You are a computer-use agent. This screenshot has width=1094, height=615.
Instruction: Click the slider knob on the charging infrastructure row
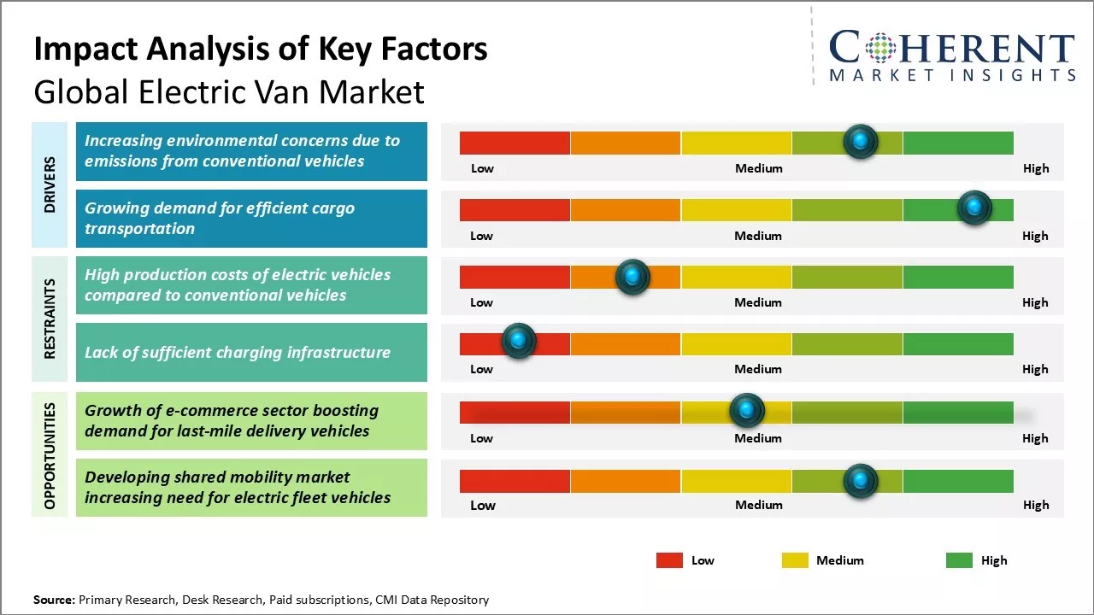[518, 341]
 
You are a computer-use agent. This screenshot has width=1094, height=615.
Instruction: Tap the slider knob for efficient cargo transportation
[973, 208]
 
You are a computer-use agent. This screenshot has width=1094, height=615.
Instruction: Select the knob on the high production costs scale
[632, 276]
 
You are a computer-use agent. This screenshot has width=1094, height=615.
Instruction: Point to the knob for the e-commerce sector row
[747, 411]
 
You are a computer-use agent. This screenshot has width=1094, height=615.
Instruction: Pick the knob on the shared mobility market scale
[860, 481]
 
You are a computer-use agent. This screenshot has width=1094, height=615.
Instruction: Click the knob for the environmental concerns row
[860, 141]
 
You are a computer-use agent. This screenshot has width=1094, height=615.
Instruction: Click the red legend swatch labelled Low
[669, 560]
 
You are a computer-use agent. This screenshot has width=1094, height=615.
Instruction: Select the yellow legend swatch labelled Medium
[795, 560]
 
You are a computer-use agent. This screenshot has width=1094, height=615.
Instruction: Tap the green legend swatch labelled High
[959, 560]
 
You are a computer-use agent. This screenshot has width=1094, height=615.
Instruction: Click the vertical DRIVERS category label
[50, 184]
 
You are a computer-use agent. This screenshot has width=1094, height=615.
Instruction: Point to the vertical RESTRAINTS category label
[50, 319]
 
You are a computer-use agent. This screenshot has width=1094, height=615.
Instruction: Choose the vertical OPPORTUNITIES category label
[50, 455]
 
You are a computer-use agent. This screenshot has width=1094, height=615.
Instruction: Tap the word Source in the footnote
[54, 600]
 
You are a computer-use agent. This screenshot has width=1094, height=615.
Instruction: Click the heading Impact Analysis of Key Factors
[261, 50]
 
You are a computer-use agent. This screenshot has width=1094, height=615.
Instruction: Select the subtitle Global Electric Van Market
[229, 91]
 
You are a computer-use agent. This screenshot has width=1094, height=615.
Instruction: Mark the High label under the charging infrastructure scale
[1035, 369]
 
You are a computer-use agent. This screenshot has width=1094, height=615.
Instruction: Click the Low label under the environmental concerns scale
[482, 168]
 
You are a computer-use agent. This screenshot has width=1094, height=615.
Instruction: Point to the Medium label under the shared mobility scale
[758, 505]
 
